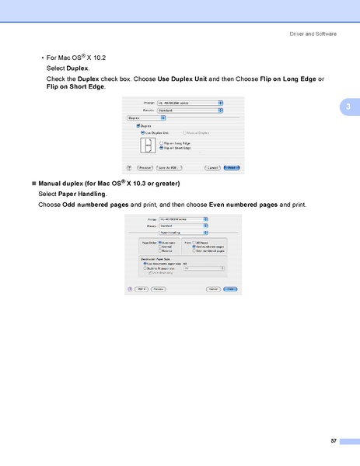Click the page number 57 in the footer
pos(333,441)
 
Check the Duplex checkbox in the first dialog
pos(138,125)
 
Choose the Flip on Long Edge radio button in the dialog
pos(160,142)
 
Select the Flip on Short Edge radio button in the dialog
pos(160,148)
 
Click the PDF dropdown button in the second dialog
pos(142,289)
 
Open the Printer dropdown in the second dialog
pos(183,219)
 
